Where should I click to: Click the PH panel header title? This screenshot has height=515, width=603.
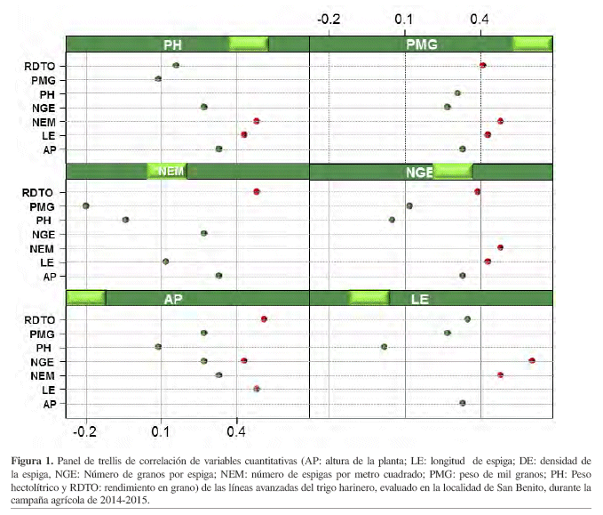(173, 44)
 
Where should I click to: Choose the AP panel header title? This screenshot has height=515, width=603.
(173, 299)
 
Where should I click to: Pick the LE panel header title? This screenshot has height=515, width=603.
(421, 299)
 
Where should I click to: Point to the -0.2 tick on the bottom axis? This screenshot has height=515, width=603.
(85, 431)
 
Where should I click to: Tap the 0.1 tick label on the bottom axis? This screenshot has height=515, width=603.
(161, 431)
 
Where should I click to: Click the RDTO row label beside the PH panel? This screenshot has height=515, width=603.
(40, 66)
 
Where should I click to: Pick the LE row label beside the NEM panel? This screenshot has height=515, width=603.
(48, 263)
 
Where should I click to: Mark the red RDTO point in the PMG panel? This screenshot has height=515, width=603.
(482, 65)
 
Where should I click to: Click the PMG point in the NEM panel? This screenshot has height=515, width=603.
(86, 205)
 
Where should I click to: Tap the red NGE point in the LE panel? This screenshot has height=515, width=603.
(532, 360)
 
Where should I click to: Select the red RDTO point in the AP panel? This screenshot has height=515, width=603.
(264, 319)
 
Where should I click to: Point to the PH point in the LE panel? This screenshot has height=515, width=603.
(384, 347)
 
